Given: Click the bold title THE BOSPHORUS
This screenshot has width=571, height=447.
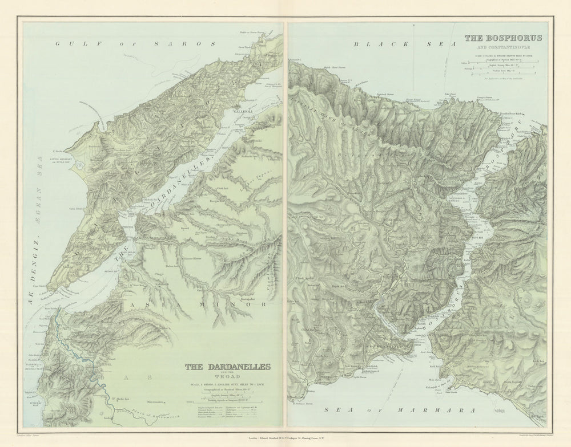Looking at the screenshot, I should click(x=503, y=39).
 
